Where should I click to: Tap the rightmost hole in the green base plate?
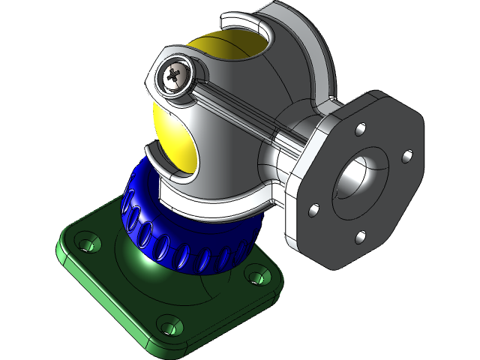[x=258, y=277]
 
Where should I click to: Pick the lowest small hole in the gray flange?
[x=361, y=237]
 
